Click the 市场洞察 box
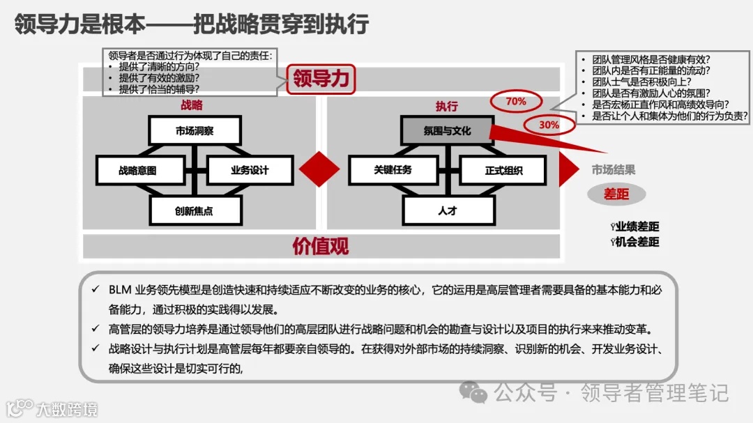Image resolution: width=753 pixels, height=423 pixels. tap(195, 130)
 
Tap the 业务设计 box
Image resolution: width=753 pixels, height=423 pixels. tap(250, 170)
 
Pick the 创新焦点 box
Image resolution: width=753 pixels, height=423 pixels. tap(195, 210)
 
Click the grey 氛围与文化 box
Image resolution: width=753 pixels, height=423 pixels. tap(447, 130)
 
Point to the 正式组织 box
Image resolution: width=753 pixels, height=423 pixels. tap(503, 170)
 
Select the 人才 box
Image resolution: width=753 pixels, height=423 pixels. tap(448, 210)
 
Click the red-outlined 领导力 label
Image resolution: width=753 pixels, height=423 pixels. tap(320, 79)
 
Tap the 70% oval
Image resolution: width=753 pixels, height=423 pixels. tap(516, 102)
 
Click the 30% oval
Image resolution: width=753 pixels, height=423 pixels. tap(549, 125)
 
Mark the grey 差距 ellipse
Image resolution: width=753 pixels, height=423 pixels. tap(616, 194)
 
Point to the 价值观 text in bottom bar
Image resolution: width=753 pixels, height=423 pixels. tap(320, 246)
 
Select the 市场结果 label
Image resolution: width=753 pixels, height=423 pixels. tap(614, 169)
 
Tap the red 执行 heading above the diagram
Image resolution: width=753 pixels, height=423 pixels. tap(447, 106)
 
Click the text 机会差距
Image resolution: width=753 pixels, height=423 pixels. tap(637, 242)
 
